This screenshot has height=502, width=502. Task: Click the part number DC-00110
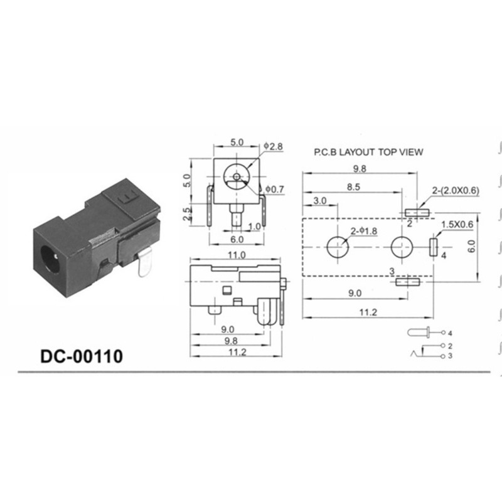[82, 356]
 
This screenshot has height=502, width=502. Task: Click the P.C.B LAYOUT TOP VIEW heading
[368, 152]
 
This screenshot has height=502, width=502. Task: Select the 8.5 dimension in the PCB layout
[353, 187]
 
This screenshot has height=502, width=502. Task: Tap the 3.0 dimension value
[320, 201]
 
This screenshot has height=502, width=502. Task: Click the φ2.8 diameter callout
[274, 146]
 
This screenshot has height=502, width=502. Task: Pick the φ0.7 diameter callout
[275, 189]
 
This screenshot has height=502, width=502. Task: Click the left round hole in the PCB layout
[338, 247]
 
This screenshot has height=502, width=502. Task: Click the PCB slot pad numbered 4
[433, 247]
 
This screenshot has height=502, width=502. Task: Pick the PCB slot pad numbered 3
[409, 282]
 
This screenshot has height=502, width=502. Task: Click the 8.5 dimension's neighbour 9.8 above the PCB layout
[360, 169]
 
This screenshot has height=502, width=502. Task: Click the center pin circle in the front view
[236, 177]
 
